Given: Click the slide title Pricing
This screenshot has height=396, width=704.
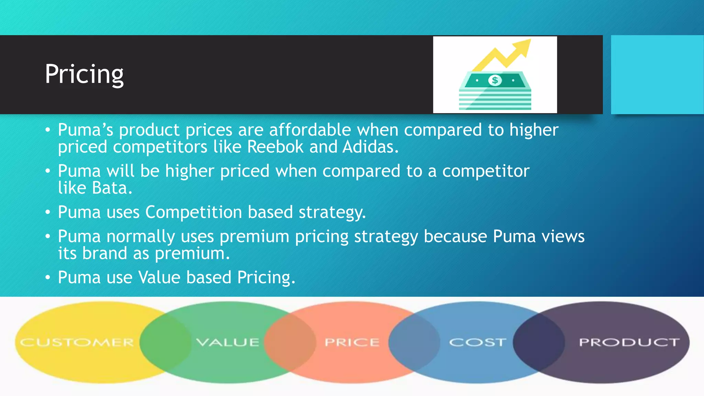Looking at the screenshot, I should [x=84, y=74].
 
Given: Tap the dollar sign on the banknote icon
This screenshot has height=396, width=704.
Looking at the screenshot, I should [x=495, y=80].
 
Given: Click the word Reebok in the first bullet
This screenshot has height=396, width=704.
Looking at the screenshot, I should [x=275, y=147].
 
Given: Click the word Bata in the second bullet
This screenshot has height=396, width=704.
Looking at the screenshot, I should [x=112, y=188].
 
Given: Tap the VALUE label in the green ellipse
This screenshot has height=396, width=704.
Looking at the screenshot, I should [x=228, y=342].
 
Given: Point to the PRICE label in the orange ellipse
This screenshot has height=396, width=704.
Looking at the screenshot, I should [x=352, y=342].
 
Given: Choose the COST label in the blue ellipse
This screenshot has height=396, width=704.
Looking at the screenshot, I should [x=477, y=342].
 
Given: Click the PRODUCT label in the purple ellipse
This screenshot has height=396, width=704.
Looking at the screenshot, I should [x=629, y=342].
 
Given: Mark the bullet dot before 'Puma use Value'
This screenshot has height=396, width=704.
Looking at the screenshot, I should [x=48, y=277].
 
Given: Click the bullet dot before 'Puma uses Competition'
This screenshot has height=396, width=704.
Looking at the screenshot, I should [x=48, y=212].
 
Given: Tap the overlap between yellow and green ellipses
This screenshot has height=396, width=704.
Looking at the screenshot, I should [x=165, y=342].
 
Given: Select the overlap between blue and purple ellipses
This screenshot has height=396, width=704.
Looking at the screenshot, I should [x=539, y=342].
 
